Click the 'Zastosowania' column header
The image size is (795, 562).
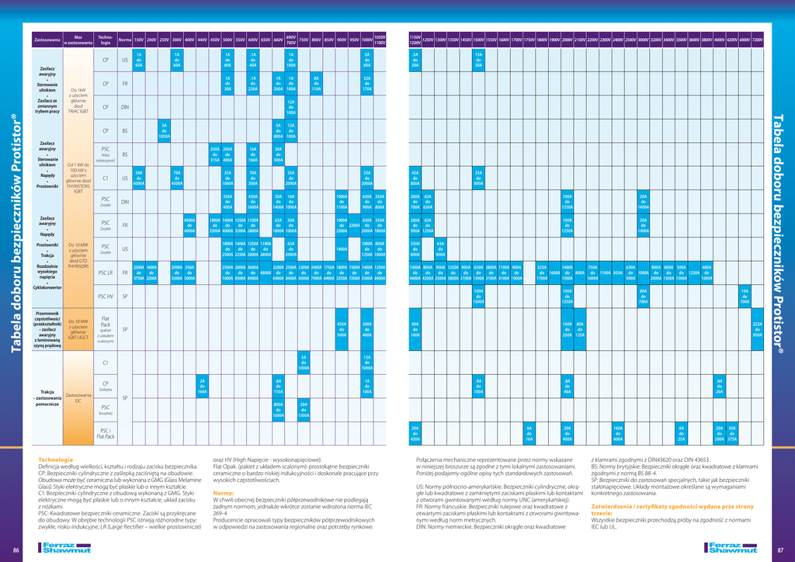47,39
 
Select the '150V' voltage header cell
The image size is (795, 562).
139,39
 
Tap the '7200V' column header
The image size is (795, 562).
757,40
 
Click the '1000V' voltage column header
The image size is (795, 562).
367,39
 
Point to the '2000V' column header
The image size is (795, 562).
568,40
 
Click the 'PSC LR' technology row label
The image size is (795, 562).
106,272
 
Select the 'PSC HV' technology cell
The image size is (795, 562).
106,297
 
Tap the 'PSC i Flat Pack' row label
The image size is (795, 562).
106,433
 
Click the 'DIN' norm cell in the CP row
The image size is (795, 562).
125,107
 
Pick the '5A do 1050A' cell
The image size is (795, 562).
164,131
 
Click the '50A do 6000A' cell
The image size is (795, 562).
139,178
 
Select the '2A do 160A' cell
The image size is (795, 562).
202,386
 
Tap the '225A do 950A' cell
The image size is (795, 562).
757,329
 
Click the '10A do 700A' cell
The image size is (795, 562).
745,297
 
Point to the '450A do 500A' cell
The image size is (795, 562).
342,329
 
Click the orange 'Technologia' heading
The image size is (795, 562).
55,460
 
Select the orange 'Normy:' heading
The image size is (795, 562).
224,493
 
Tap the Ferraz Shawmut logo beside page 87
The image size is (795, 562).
728,549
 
